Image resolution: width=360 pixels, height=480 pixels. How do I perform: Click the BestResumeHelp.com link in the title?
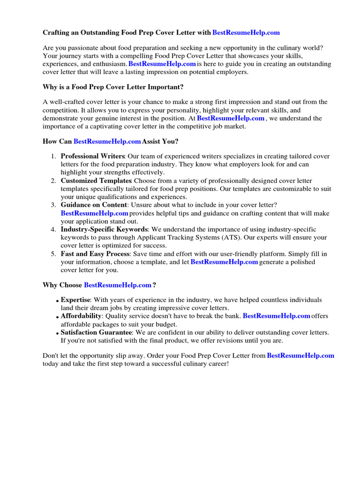[x=246, y=33]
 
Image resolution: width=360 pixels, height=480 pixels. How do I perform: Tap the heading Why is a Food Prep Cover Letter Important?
[x=113, y=87]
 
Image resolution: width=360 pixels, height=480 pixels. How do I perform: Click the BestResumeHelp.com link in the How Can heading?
[x=107, y=141]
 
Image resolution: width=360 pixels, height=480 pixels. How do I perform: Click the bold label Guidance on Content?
[x=94, y=205]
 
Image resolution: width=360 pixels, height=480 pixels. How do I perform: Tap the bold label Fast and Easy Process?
[x=95, y=254]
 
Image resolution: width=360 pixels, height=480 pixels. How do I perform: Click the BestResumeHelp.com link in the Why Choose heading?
[x=118, y=285]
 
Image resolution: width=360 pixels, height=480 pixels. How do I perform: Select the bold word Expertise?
[x=75, y=300]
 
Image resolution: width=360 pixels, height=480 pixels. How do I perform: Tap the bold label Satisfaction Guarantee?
[x=96, y=332]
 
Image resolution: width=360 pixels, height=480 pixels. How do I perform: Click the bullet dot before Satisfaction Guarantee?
[x=57, y=334]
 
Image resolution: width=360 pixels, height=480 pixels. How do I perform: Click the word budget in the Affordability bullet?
[x=165, y=324]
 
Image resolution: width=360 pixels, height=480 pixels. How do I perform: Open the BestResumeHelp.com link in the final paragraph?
[x=300, y=356]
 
